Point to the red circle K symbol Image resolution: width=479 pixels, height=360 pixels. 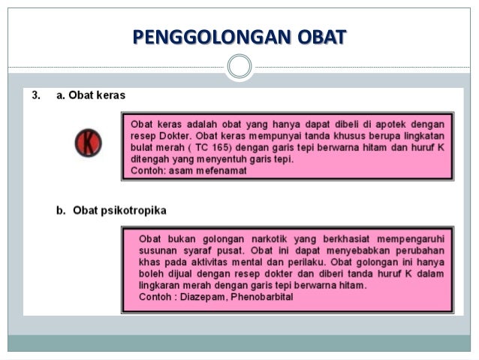[89, 143]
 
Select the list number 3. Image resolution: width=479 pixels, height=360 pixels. [35, 96]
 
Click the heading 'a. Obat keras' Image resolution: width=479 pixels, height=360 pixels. [91, 96]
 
